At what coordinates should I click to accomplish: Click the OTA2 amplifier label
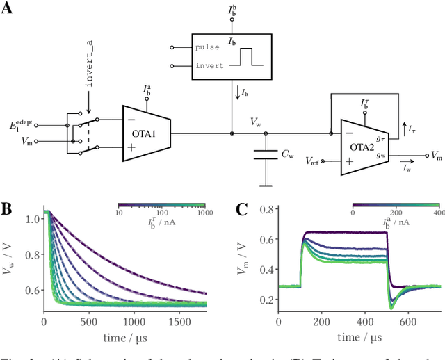[361, 147]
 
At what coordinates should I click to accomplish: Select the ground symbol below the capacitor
[265, 185]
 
